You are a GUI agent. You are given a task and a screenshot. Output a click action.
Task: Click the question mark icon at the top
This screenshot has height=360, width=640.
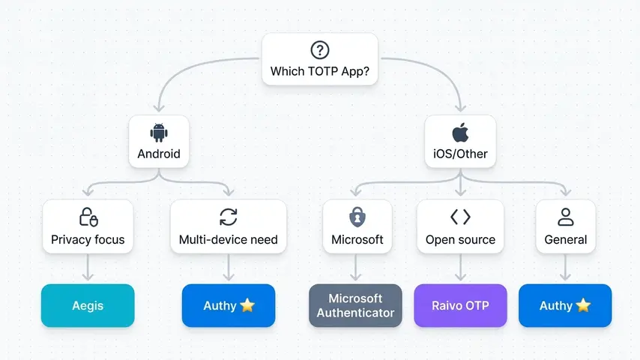(320, 50)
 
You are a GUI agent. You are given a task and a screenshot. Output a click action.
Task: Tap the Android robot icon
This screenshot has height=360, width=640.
(159, 133)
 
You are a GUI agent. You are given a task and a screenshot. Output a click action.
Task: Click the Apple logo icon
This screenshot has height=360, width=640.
(460, 133)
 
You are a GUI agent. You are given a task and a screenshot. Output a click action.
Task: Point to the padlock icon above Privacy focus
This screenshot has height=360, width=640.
(88, 217)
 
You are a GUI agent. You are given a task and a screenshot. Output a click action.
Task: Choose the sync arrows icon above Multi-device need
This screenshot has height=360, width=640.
(229, 217)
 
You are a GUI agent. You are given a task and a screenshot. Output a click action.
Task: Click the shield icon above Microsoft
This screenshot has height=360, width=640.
(357, 217)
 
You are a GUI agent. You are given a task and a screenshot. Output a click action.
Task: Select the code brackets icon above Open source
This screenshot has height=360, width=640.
(460, 217)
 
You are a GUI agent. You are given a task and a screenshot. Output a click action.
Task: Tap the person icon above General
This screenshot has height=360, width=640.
(566, 217)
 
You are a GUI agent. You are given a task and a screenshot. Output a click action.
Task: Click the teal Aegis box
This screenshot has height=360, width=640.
(88, 306)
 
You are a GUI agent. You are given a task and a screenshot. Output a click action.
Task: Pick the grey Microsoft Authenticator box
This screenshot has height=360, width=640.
(356, 306)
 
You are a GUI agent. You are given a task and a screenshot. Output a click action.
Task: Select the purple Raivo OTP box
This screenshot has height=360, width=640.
(460, 306)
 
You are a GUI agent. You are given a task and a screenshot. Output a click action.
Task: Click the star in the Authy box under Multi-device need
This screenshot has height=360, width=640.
(248, 306)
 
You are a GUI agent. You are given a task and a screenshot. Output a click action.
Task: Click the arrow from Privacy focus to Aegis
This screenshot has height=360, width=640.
(88, 268)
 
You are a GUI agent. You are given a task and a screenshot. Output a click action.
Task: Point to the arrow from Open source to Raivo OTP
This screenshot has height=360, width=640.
(460, 268)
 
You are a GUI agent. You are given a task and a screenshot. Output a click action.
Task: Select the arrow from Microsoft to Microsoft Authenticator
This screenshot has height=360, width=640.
(357, 268)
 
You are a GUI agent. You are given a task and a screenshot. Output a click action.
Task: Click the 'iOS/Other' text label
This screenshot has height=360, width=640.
(460, 154)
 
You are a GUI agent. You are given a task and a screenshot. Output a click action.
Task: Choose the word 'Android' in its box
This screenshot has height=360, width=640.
(159, 154)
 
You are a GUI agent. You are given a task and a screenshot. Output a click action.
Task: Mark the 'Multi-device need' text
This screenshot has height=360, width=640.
(229, 240)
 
